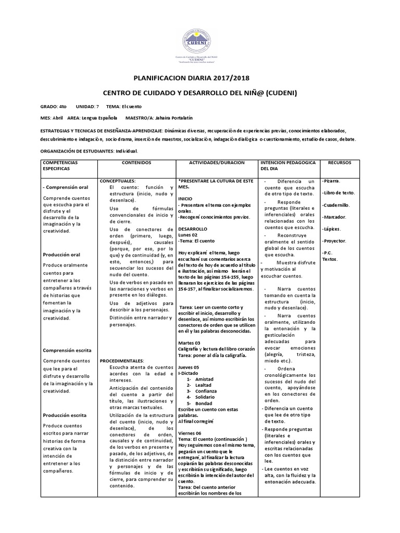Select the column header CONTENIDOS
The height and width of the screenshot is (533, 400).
pyautogui.click(x=137, y=163)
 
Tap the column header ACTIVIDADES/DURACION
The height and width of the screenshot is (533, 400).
pyautogui.click(x=218, y=163)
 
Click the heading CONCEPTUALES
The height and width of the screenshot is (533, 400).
pyautogui.click(x=118, y=180)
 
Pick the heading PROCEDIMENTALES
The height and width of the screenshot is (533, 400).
pyautogui.click(x=122, y=360)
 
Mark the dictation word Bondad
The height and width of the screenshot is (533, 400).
pyautogui.click(x=204, y=403)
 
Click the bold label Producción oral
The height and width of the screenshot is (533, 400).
pyautogui.click(x=61, y=255)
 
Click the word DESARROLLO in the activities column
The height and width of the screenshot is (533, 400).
pyautogui.click(x=193, y=229)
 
